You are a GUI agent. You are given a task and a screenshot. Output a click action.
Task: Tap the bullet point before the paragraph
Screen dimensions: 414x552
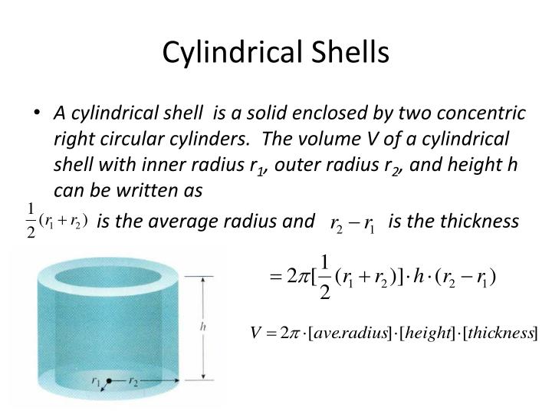38,113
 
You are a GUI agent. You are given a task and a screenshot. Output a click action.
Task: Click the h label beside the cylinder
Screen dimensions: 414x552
202,327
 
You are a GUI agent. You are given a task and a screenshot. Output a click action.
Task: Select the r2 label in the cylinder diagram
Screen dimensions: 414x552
133,380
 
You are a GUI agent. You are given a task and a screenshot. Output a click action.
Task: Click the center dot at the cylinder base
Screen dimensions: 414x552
110,381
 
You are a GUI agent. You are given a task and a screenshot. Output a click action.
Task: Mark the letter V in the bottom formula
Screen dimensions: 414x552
258,334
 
